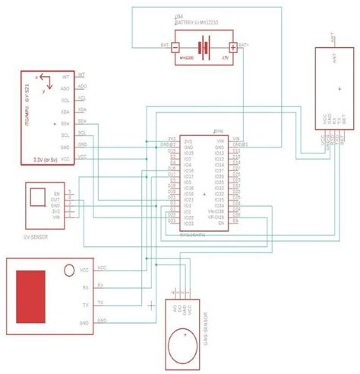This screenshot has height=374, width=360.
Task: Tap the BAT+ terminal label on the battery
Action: [x=243, y=45]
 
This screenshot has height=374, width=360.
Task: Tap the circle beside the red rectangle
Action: [x=69, y=269]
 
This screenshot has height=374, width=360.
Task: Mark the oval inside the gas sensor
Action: [x=183, y=334]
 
